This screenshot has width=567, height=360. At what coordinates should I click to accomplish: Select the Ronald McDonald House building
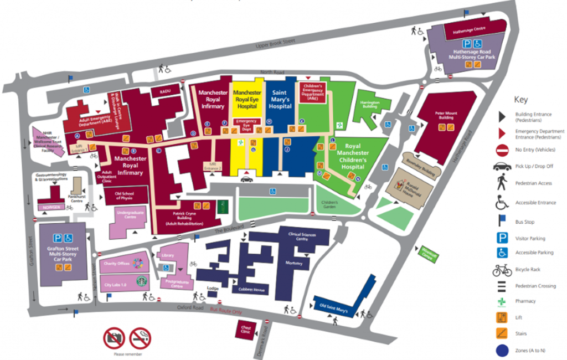[413, 187]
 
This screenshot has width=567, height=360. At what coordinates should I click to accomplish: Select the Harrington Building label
[370, 104]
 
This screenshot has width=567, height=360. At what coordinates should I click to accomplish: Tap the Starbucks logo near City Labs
[141, 281]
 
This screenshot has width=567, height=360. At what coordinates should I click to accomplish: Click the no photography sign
[115, 338]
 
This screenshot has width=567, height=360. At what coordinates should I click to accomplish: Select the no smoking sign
[140, 338]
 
